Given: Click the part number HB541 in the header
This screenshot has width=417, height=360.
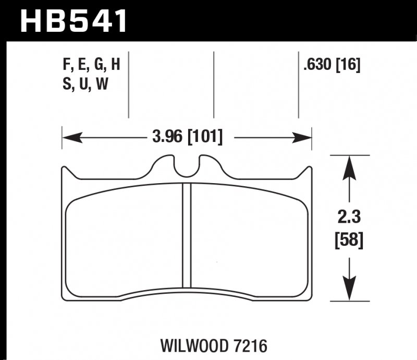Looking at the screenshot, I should pyautogui.click(x=73, y=21).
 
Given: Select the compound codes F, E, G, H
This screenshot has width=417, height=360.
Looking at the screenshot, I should pyautogui.click(x=91, y=66).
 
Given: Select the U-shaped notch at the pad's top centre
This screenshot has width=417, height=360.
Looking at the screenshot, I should pyautogui.click(x=187, y=166).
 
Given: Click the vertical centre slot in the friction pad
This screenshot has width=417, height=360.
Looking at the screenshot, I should pyautogui.click(x=187, y=235).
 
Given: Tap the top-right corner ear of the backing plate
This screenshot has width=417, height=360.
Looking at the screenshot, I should pyautogui.click(x=309, y=171).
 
